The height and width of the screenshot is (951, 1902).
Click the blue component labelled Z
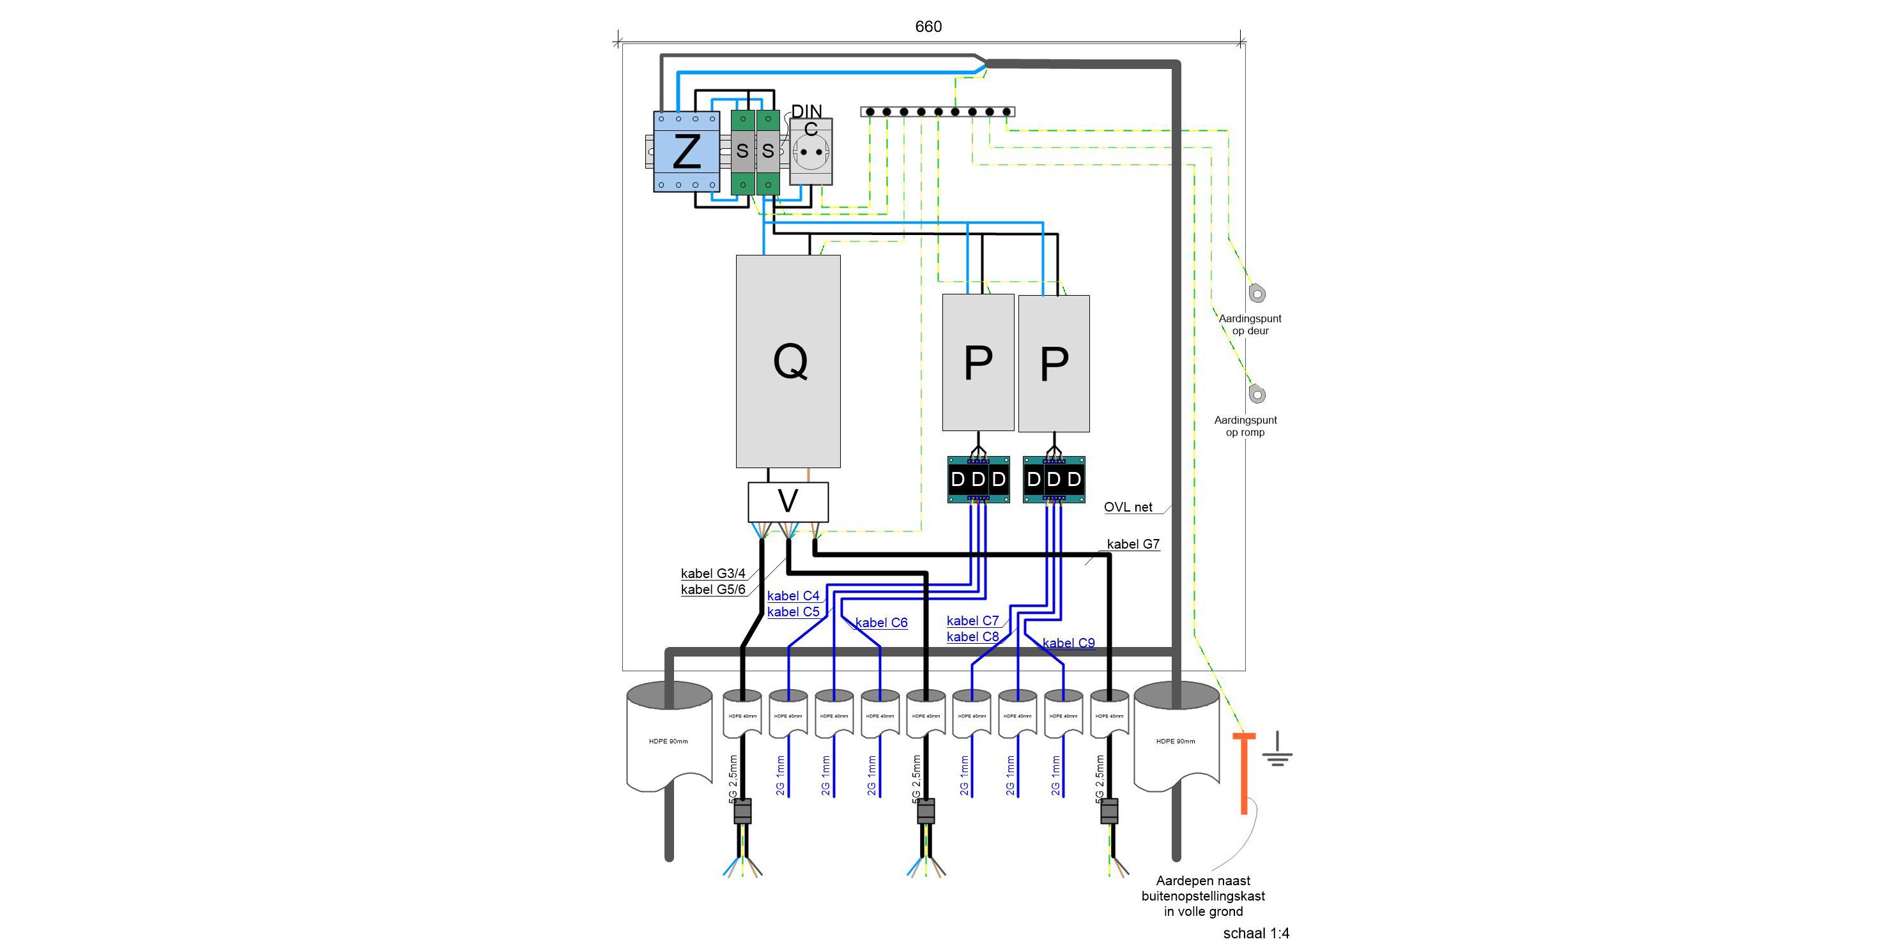pyautogui.click(x=686, y=151)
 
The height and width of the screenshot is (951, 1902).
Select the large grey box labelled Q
pyautogui.click(x=788, y=361)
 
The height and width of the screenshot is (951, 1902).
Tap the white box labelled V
pyautogui.click(x=788, y=502)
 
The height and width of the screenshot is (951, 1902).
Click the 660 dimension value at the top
pyautogui.click(x=928, y=27)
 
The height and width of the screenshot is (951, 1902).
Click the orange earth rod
pyautogui.click(x=1244, y=772)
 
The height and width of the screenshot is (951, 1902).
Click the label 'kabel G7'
pyautogui.click(x=1133, y=544)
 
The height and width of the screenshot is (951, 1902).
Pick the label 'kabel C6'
pyautogui.click(x=881, y=623)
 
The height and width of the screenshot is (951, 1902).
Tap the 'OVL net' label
pyautogui.click(x=1128, y=507)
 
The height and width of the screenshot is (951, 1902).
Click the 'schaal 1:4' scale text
pyautogui.click(x=1256, y=933)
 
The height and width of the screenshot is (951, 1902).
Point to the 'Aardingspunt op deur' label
pyautogui.click(x=1250, y=325)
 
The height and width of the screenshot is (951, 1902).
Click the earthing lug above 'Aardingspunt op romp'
pyautogui.click(x=1257, y=394)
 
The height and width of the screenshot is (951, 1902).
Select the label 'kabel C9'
pyautogui.click(x=1068, y=643)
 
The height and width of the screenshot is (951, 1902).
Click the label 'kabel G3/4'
pyautogui.click(x=712, y=574)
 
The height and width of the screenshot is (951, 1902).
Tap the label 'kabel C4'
pyautogui.click(x=793, y=596)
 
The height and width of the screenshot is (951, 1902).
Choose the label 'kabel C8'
pyautogui.click(x=972, y=637)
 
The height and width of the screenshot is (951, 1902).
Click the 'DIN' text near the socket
pyautogui.click(x=806, y=110)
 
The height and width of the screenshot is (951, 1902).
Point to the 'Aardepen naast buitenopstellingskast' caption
pyautogui.click(x=1203, y=895)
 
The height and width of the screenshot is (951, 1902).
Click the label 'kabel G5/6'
pyautogui.click(x=712, y=590)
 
